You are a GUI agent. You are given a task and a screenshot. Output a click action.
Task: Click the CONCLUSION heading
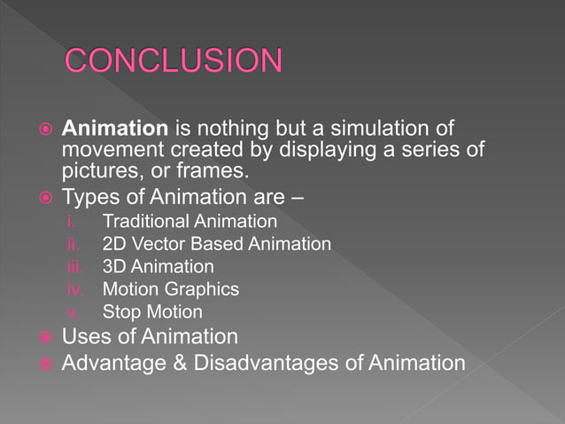[x=174, y=61]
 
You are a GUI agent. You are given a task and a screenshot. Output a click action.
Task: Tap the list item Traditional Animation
[x=190, y=221]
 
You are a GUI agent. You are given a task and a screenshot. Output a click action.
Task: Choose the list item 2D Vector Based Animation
[x=217, y=244]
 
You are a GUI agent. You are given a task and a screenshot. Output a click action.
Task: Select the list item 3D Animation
[x=158, y=266]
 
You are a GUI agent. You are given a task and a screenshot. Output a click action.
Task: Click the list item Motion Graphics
[x=170, y=289]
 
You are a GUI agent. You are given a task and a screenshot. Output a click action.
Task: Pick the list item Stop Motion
[x=152, y=312]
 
